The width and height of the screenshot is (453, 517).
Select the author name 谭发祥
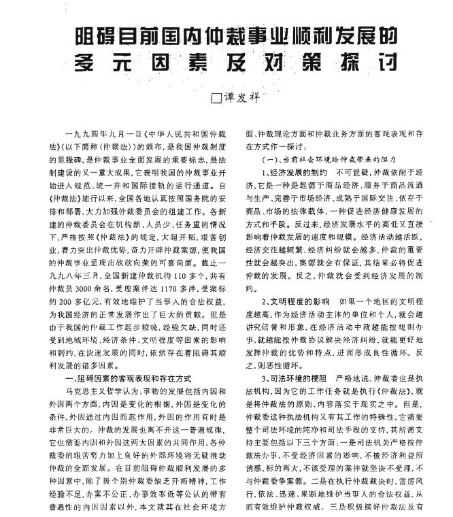pos(241,98)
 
